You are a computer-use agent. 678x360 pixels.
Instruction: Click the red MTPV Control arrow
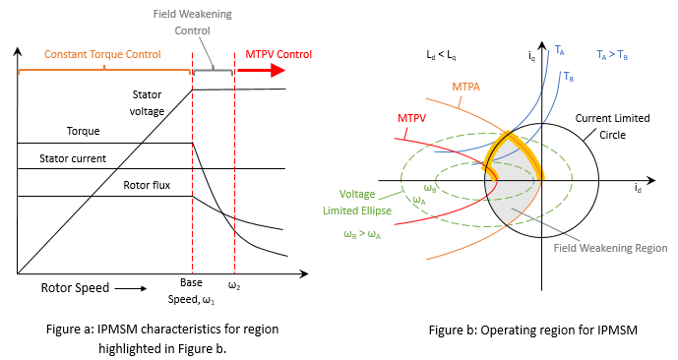tap(263, 71)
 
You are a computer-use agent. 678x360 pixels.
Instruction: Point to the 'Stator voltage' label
tap(154, 101)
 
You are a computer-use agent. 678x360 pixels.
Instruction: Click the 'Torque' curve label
tap(84, 131)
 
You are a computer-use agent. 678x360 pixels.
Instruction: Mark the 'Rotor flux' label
tap(146, 185)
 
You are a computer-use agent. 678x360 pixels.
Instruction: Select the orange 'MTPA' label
tap(466, 87)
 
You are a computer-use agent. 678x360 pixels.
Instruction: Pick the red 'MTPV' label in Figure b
tap(411, 118)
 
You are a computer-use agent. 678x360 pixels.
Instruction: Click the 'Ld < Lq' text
tap(439, 50)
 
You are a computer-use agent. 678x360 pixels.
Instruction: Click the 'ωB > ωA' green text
tap(364, 233)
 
